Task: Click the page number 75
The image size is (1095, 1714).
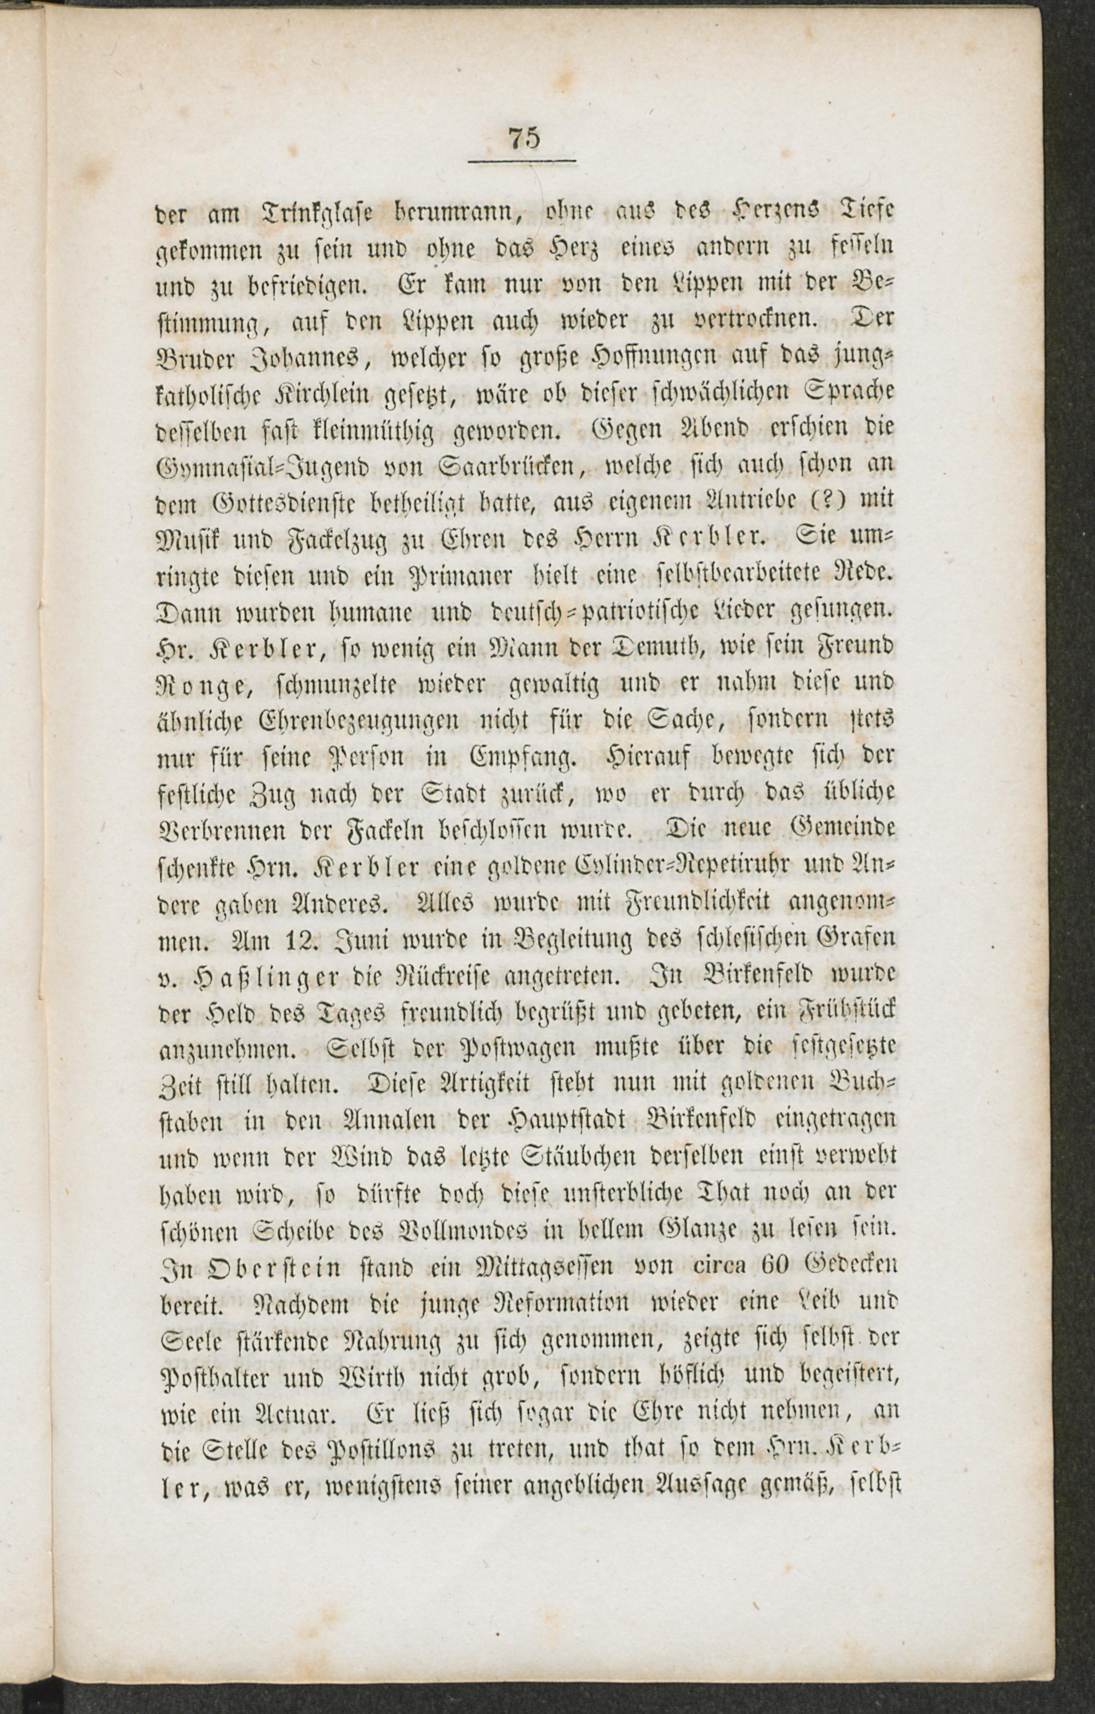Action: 524,137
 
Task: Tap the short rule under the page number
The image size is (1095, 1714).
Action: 522,161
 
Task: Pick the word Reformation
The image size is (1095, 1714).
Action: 560,1305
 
